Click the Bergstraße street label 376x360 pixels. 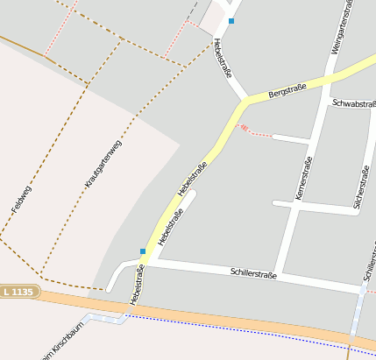287,88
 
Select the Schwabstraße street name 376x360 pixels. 353,102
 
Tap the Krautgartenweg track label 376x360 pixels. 103,164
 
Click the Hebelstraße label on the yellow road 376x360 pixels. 192,179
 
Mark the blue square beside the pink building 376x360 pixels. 231,20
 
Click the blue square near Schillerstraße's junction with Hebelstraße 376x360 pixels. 143,251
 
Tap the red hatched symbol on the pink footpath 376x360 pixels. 245,129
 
